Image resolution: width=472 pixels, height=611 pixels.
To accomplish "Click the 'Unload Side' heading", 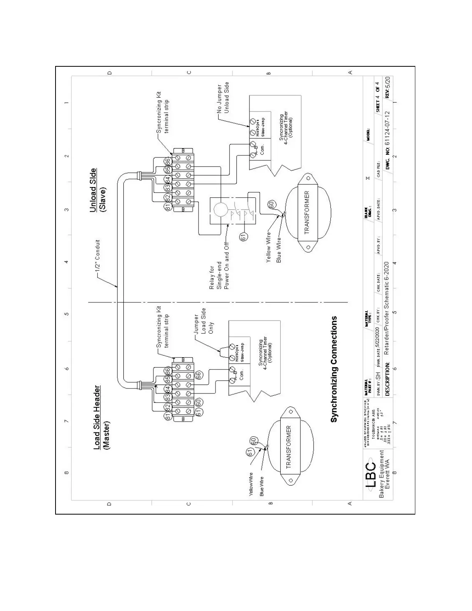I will coord(93,190).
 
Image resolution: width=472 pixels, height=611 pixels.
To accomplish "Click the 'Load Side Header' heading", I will coord(97,418).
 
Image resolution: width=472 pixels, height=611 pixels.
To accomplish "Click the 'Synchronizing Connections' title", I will coord(334,369).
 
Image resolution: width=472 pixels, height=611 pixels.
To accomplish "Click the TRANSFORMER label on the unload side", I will coord(307,213).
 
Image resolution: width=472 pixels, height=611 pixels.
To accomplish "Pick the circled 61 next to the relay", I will coord(243,237).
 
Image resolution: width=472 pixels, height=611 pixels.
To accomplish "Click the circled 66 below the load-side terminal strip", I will coord(198,375).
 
